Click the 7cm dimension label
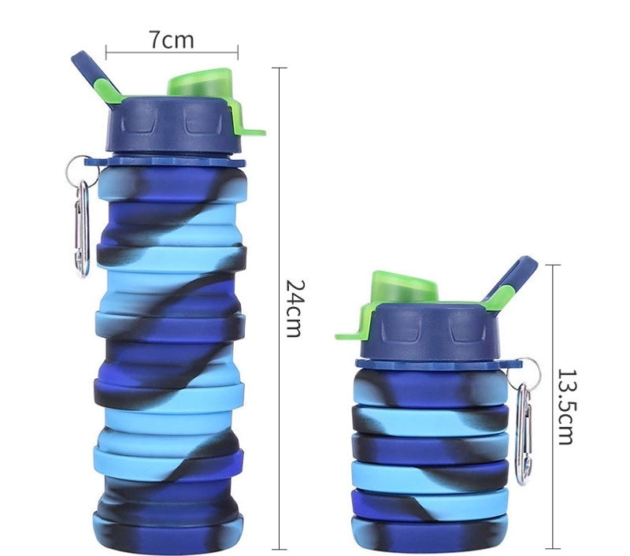coord(171,38)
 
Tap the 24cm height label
coord(293,307)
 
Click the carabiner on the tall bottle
coord(81,228)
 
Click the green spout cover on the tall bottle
coord(200,82)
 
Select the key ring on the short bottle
coord(531,370)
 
